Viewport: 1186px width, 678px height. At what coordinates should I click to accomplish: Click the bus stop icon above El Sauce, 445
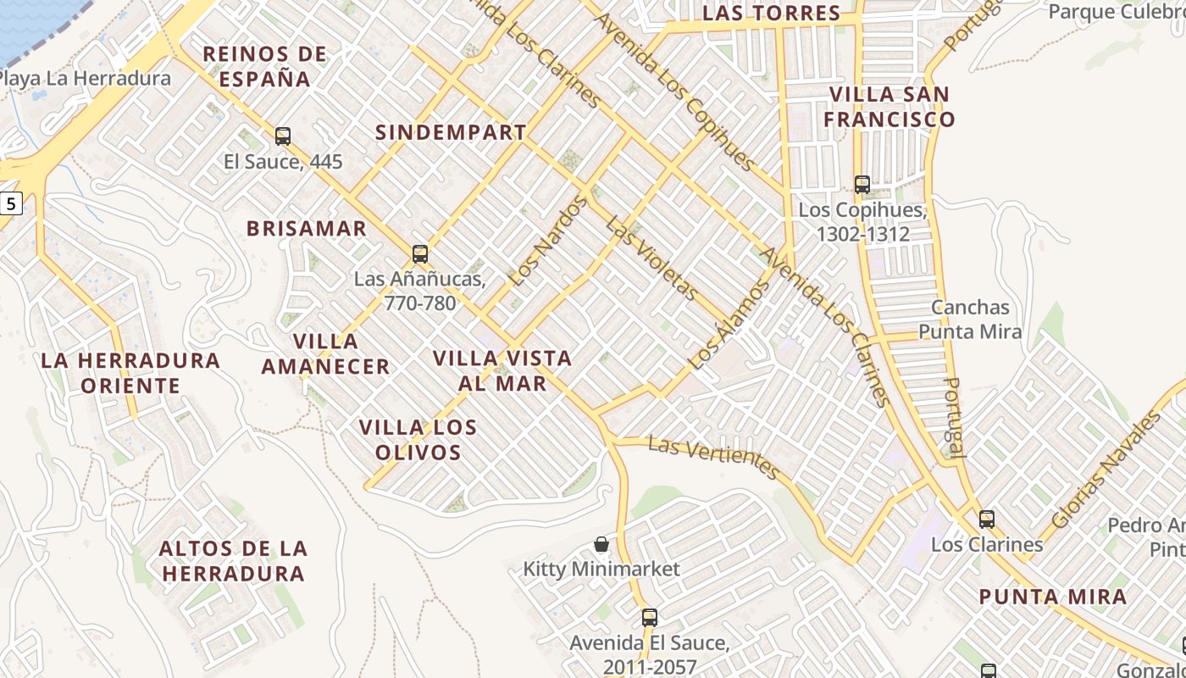[283, 136]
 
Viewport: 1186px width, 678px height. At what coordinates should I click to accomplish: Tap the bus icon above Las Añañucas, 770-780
[419, 253]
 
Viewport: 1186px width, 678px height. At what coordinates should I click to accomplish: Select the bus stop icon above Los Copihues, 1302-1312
[862, 183]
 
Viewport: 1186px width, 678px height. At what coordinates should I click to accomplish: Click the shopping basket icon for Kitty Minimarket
[601, 543]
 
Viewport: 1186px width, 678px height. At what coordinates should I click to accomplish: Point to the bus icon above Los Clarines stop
[987, 519]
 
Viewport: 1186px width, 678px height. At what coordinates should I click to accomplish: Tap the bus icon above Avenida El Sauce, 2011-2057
[650, 617]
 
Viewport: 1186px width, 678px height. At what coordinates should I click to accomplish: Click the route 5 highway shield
[9, 203]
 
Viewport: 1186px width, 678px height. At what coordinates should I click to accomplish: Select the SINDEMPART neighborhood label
[451, 133]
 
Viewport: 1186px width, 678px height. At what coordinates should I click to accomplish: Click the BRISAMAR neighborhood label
[307, 228]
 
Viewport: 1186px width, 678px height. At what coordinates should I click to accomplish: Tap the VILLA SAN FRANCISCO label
[889, 107]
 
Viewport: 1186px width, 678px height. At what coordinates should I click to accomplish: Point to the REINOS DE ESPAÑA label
[265, 67]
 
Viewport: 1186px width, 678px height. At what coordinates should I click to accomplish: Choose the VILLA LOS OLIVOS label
[418, 439]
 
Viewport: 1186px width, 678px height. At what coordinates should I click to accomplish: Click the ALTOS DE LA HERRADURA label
[233, 561]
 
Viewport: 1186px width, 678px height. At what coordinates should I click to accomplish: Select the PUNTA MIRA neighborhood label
[1053, 597]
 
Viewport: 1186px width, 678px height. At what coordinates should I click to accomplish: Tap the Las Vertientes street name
[713, 458]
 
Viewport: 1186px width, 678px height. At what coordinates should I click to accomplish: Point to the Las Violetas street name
[652, 258]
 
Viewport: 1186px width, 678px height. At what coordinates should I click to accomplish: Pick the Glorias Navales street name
[1106, 469]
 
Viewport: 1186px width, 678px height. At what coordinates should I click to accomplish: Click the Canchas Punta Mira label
[970, 320]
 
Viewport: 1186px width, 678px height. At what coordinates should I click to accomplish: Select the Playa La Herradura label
[85, 79]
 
